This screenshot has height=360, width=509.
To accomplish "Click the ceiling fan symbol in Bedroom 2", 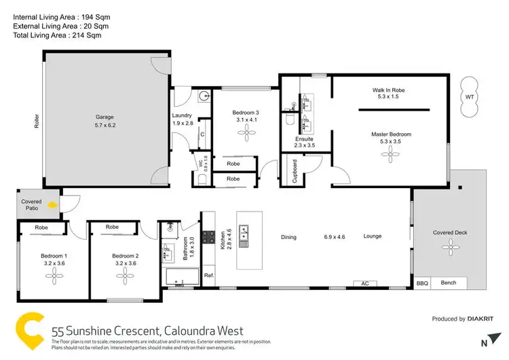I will pyautogui.click(x=124, y=274).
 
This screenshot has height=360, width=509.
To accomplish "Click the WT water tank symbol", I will pyautogui.click(x=469, y=96).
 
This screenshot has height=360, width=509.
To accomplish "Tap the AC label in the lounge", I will pyautogui.click(x=364, y=283).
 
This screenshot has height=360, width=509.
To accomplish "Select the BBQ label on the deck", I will pyautogui.click(x=422, y=283).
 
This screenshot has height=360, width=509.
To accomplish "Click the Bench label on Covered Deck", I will pyautogui.click(x=449, y=283).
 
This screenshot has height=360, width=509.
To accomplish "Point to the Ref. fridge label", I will pyautogui.click(x=209, y=276).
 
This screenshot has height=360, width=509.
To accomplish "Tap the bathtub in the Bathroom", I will pyautogui.click(x=181, y=277).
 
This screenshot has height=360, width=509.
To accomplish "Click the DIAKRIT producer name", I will pyautogui.click(x=485, y=319).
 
